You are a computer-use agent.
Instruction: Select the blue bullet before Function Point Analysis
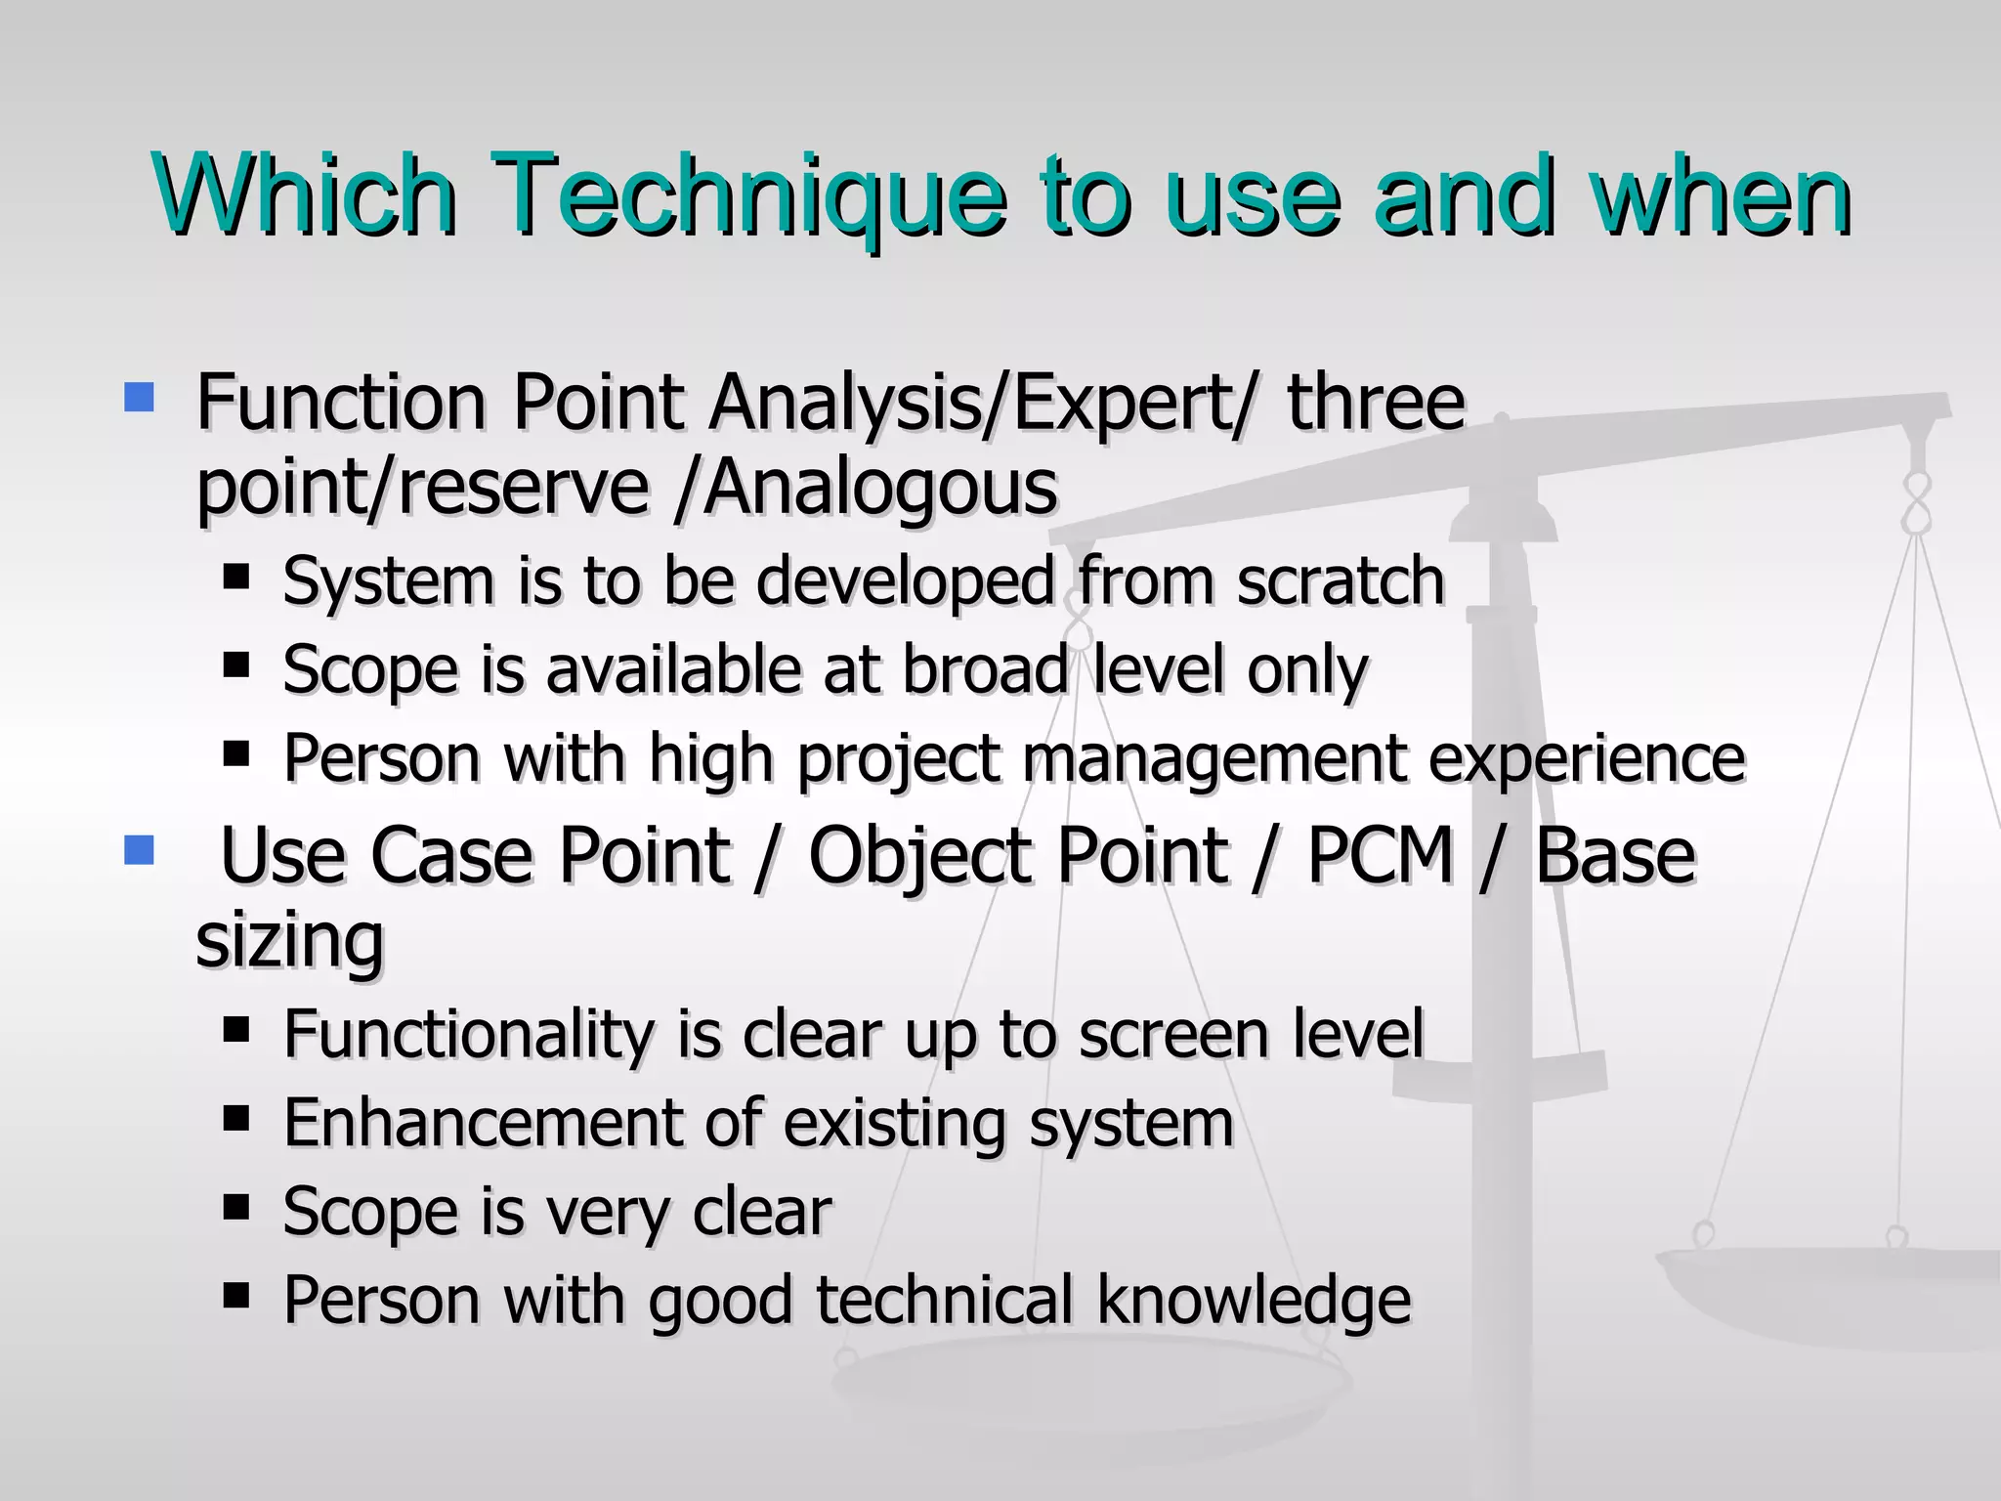click(140, 398)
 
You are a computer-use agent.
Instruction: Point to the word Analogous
click(879, 487)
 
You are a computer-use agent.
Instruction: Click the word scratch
click(1341, 580)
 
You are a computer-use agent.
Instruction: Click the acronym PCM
click(1381, 855)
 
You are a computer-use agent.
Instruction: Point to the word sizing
click(290, 940)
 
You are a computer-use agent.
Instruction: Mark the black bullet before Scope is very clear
click(236, 1207)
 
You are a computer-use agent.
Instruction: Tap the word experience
click(1587, 759)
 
